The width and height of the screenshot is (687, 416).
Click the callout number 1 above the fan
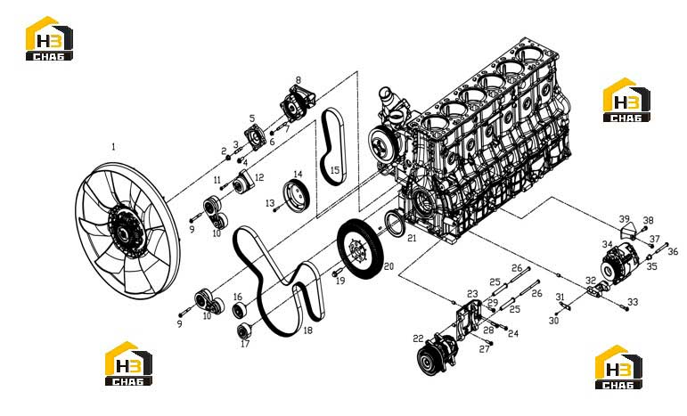point(114,147)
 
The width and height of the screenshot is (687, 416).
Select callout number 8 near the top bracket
point(299,80)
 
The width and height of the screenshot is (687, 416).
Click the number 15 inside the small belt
point(335,170)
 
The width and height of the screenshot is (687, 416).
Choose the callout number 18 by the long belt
point(308,330)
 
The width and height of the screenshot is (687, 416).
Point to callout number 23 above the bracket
point(472,294)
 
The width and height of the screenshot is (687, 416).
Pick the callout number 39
point(624,219)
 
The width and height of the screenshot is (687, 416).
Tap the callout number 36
point(673,252)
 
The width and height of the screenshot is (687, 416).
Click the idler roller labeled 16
point(239,311)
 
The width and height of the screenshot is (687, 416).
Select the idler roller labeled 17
point(244,330)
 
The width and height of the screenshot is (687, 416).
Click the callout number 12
point(259,177)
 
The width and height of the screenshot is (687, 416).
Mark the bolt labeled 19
point(339,273)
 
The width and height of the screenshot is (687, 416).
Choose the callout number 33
point(633,302)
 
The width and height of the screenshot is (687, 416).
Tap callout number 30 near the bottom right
point(554,321)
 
